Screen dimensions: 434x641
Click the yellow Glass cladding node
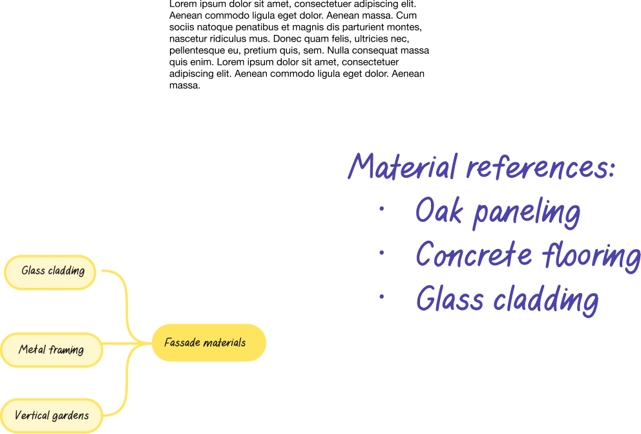tap(50, 272)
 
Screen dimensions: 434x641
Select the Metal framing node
tap(51, 350)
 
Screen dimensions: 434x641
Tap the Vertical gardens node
tap(51, 415)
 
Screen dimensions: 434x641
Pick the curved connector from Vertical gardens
tap(123, 395)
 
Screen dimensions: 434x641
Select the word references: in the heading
tap(540, 168)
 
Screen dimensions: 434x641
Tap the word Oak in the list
tap(439, 211)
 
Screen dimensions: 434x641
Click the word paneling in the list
tap(527, 213)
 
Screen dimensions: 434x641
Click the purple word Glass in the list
tap(449, 299)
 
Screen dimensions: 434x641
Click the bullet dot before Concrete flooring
tap(382, 253)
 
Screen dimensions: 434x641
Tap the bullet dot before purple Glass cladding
tap(382, 296)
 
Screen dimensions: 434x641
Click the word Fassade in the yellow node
tap(181, 343)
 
